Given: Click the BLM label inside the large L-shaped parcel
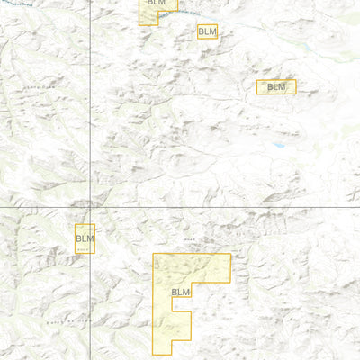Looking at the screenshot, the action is tap(181, 292).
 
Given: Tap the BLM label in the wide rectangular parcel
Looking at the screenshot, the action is tap(276, 87).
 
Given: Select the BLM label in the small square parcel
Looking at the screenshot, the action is tap(208, 31).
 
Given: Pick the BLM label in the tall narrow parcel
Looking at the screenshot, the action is tap(85, 238).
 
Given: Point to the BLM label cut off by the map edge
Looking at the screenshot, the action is tap(157, 4).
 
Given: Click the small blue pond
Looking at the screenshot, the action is tap(279, 144).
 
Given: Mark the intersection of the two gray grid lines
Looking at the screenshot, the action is tap(91, 208).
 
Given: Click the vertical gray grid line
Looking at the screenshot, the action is tap(91, 108).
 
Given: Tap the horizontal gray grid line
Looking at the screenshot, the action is tap(225, 208).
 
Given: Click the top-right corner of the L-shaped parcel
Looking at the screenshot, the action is tap(230, 254).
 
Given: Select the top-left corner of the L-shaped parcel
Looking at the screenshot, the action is tap(153, 254).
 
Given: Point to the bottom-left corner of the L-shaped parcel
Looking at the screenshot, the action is tap(153, 352).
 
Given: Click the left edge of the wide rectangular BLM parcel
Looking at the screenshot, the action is tap(256, 87).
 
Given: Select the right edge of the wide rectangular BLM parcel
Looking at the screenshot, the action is tap(295, 87).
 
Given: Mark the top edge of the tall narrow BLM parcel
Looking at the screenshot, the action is tap(85, 224).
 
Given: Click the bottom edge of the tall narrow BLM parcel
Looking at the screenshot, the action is tap(85, 252).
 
